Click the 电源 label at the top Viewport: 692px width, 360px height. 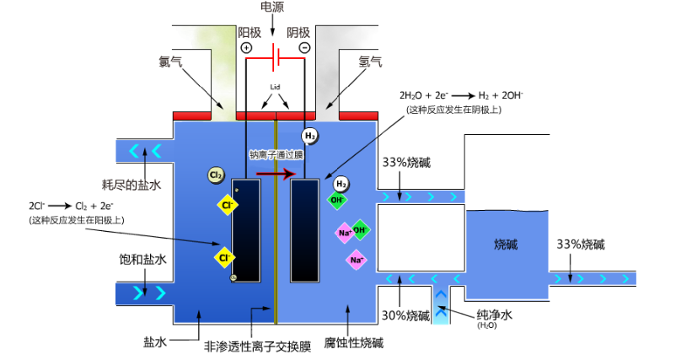[272, 7]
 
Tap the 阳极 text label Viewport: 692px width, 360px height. [249, 32]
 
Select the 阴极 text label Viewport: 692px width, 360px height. [298, 32]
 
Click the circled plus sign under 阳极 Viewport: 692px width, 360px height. [247, 48]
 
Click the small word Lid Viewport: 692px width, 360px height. [275, 87]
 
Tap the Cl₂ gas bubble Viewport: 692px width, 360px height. [217, 175]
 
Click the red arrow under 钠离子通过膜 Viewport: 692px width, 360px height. [276, 174]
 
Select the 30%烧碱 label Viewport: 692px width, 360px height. [405, 315]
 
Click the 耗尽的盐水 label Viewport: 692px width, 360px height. [126, 185]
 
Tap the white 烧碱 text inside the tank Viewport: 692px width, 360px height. [506, 244]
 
